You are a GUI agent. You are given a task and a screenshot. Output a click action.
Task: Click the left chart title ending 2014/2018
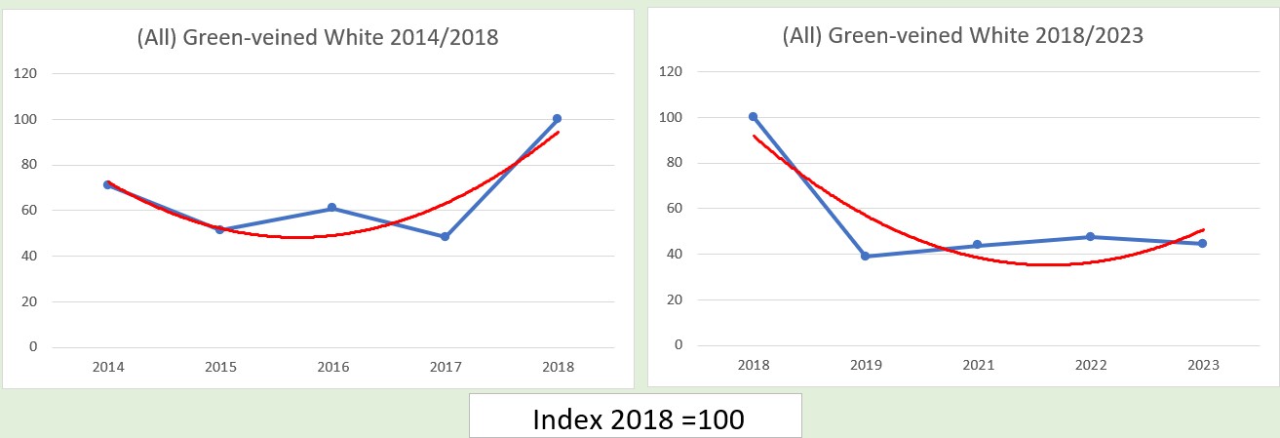click(x=318, y=38)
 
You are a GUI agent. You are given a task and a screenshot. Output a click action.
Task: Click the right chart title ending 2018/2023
click(x=962, y=36)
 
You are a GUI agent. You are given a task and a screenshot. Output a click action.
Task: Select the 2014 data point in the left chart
click(x=108, y=184)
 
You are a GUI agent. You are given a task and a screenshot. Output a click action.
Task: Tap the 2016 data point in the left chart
click(x=332, y=208)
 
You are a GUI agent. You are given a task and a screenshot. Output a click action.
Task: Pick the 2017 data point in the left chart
click(x=445, y=236)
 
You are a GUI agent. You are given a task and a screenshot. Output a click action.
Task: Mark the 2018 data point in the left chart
click(x=557, y=119)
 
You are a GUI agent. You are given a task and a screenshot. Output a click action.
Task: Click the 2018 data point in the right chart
click(x=754, y=117)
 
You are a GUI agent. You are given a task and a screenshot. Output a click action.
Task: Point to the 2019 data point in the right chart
click(x=866, y=257)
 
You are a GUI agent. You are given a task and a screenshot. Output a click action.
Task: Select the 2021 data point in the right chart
click(x=978, y=245)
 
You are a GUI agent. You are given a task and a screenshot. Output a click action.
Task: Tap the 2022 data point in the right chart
click(x=1090, y=237)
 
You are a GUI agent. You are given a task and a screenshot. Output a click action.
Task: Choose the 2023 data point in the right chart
click(x=1202, y=243)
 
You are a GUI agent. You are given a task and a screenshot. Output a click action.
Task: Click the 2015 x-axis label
click(x=220, y=368)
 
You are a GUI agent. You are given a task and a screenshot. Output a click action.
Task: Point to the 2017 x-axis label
click(x=445, y=368)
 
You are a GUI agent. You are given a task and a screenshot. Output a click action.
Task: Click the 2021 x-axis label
click(x=978, y=366)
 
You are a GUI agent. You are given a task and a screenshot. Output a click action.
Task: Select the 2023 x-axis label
click(x=1202, y=366)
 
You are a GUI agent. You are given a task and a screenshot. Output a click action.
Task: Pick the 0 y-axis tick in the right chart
click(x=678, y=345)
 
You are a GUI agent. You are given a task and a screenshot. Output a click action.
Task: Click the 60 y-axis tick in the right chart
click(x=674, y=209)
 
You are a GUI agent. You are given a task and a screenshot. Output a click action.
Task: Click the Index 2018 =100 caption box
click(x=636, y=418)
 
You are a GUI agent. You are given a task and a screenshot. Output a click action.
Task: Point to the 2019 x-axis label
click(x=866, y=366)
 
